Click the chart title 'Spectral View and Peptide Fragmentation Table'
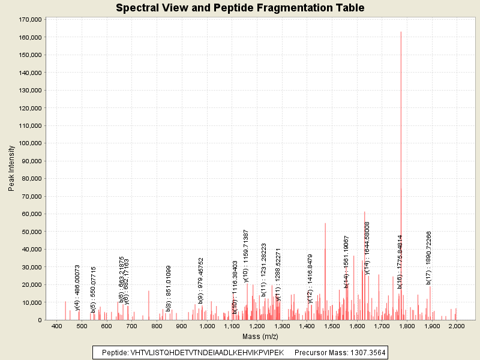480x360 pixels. pos(240,8)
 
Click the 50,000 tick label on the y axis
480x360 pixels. pos(31,232)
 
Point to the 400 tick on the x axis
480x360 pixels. pos(57,326)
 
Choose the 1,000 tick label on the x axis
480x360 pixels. pos(207,326)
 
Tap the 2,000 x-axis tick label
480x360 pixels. pos(456,326)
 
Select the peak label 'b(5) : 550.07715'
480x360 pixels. pos(94,289)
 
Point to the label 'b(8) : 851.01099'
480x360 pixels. pos(169,289)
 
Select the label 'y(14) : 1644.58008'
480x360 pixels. pos(367,248)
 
